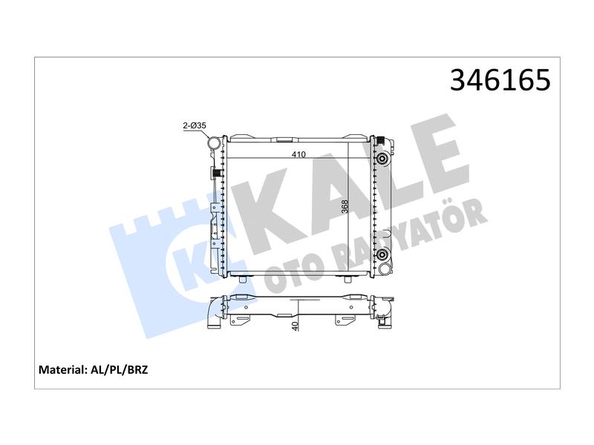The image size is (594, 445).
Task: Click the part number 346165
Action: pyautogui.click(x=500, y=80)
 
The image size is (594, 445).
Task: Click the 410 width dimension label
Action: pyautogui.click(x=298, y=154)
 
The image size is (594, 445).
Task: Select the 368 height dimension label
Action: pyautogui.click(x=345, y=207)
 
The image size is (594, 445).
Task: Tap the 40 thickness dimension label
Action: pyautogui.click(x=296, y=325)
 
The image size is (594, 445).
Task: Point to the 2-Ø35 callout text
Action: pyautogui.click(x=195, y=125)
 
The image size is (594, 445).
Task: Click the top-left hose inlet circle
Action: pyautogui.click(x=214, y=143)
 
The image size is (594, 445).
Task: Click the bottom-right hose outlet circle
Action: pyautogui.click(x=385, y=269)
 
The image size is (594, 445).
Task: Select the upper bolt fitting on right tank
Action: pyautogui.click(x=382, y=159)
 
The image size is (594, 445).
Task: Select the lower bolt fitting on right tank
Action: pyautogui.click(x=382, y=254)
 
